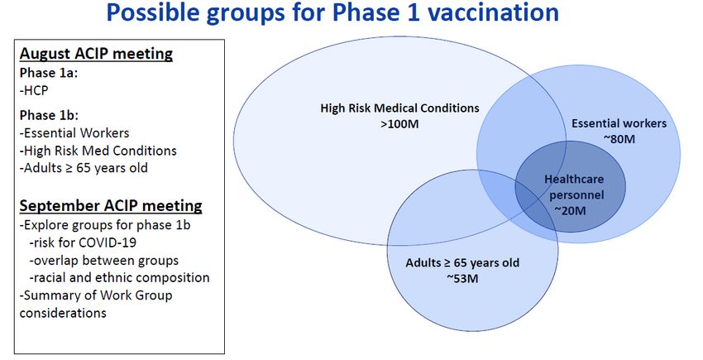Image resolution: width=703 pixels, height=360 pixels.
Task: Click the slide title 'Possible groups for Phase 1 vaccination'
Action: [x=332, y=12]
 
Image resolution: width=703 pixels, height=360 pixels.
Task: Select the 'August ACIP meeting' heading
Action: [x=96, y=54]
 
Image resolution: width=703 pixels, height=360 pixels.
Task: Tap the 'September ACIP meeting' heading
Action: [x=111, y=205]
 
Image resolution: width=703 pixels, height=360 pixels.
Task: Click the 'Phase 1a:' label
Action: [x=49, y=73]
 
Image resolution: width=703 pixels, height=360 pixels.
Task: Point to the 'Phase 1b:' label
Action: [x=49, y=115]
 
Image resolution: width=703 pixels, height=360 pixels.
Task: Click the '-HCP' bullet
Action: [x=34, y=90]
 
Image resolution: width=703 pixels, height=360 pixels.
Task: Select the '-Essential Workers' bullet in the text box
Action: [x=74, y=133]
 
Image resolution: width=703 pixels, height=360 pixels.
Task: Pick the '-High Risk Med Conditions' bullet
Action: [x=98, y=151]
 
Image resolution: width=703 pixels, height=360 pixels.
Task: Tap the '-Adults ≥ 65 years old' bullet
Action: [x=84, y=168]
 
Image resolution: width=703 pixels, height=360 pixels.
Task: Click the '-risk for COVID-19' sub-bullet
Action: [x=83, y=242]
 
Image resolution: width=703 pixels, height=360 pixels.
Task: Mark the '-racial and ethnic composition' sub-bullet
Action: [x=119, y=278]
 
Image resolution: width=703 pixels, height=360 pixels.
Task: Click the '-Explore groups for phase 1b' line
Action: [x=105, y=225]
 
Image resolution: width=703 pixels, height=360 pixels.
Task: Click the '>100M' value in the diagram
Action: [x=399, y=124]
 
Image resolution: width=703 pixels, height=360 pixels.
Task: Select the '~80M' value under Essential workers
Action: [x=619, y=139]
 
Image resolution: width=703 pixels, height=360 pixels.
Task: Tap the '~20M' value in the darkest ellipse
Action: [x=570, y=210]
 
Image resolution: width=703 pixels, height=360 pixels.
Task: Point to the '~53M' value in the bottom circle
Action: [x=462, y=279]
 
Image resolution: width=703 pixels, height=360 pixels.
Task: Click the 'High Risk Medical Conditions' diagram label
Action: [x=399, y=108]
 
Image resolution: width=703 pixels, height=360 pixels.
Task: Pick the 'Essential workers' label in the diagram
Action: [x=619, y=123]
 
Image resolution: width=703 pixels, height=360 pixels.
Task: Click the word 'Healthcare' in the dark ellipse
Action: [x=574, y=180]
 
